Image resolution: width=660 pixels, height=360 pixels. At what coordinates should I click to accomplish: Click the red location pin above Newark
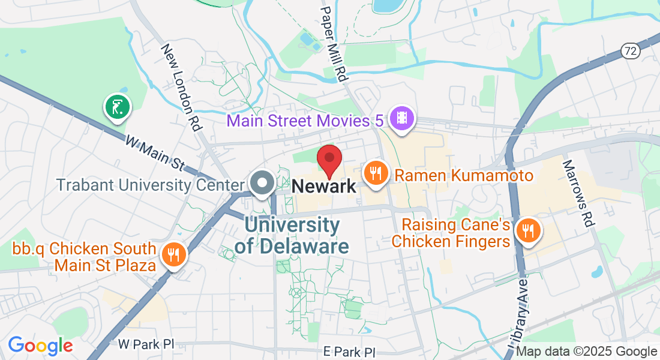tap(329, 159)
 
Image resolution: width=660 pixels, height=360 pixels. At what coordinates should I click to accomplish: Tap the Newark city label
tap(324, 187)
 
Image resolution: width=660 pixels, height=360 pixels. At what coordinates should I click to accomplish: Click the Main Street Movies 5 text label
tap(305, 121)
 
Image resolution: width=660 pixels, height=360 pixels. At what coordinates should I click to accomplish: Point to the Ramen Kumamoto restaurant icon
tap(376, 173)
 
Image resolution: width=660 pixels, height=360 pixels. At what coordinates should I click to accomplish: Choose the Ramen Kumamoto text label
tap(464, 176)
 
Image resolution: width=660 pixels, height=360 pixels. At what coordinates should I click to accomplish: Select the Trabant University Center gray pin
tap(262, 183)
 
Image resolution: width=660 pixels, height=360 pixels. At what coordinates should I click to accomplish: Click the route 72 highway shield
tap(630, 51)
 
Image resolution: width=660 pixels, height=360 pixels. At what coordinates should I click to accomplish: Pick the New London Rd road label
tap(180, 87)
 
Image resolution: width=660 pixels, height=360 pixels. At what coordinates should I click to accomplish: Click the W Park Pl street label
tap(146, 344)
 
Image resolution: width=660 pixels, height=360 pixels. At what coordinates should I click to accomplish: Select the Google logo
tap(40, 346)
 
